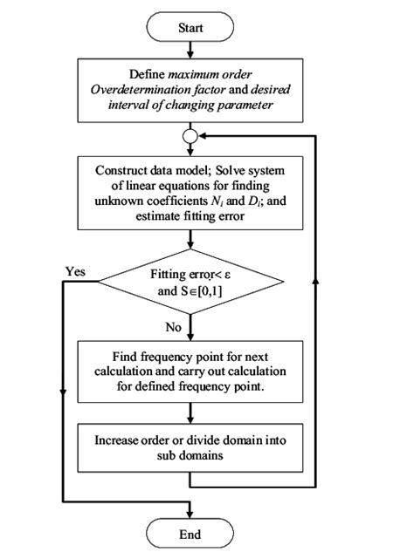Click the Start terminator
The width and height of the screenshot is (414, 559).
pos(190,28)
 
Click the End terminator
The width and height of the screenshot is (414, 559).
pos(190,533)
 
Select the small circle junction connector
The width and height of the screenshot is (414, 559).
pos(190,137)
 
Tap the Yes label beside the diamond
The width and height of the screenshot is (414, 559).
pos(76,270)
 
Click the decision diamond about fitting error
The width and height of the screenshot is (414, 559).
pos(190,283)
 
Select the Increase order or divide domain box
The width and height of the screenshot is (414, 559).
pos(190,447)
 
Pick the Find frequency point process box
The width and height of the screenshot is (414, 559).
pos(190,372)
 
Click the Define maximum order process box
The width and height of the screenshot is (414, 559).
pos(190,90)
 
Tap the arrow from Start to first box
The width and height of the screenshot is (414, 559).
pos(190,50)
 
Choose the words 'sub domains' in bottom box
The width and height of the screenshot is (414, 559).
pos(190,455)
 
